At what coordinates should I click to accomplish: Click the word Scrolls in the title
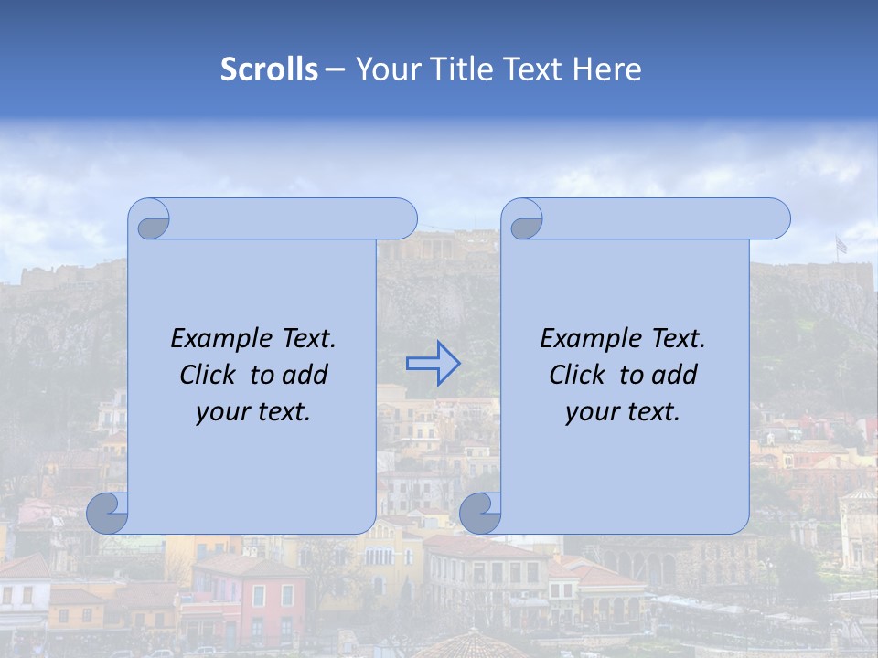click(270, 69)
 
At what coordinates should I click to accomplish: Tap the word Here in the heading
click(607, 69)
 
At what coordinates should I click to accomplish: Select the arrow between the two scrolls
click(433, 364)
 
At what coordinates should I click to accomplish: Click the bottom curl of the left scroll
click(108, 513)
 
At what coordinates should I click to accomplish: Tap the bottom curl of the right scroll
click(480, 513)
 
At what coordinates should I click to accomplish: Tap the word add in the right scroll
click(674, 375)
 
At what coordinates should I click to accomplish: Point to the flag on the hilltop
click(841, 244)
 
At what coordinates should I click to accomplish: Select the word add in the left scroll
click(305, 375)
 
